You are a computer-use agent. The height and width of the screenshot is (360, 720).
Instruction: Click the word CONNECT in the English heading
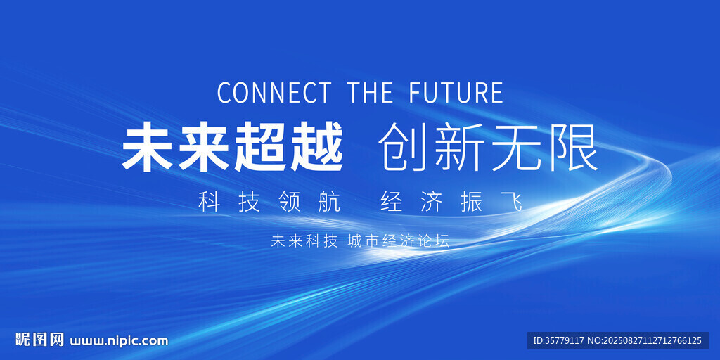[x=274, y=92]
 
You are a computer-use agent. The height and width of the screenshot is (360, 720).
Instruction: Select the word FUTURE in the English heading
[x=456, y=92]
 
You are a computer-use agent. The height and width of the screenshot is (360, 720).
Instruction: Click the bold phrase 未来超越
[x=233, y=148]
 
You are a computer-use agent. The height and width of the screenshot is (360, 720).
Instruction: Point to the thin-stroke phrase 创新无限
[x=489, y=148]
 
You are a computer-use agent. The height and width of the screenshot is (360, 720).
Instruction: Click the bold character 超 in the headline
[x=260, y=148]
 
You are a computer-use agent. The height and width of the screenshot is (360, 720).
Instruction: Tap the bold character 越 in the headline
[x=316, y=148]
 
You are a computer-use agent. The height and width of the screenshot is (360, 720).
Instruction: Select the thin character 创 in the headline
[x=404, y=148]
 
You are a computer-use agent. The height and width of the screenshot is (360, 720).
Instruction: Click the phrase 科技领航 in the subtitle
[x=269, y=202]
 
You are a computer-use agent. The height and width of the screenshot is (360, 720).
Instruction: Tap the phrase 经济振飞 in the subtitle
[x=452, y=202]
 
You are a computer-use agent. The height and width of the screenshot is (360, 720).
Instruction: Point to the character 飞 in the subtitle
[x=513, y=202]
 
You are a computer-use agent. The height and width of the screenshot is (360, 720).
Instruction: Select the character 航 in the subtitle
[x=330, y=202]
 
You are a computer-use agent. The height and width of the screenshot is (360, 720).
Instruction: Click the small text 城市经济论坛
[x=399, y=241]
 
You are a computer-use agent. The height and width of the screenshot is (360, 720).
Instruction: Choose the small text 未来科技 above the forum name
[x=304, y=241]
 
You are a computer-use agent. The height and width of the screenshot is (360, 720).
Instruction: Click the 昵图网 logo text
[x=39, y=340]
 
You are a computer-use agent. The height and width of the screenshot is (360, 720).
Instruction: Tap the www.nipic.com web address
[x=119, y=341]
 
